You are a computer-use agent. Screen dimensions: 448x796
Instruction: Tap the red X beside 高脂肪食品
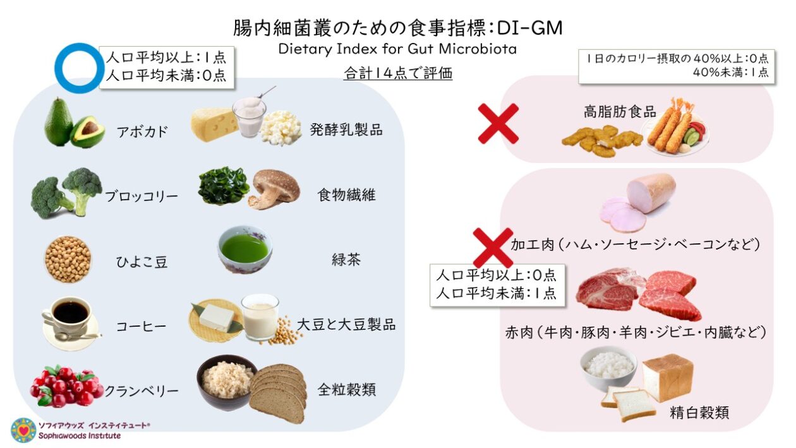[498, 123]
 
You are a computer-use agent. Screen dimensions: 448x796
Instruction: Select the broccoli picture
[66, 192]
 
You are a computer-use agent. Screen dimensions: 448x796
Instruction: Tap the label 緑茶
[346, 260]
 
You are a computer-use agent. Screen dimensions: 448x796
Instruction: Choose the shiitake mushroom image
[274, 189]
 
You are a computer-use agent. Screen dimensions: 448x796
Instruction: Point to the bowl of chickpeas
[68, 259]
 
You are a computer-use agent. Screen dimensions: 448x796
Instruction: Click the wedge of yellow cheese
[214, 123]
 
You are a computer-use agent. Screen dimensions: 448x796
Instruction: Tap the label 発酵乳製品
[346, 130]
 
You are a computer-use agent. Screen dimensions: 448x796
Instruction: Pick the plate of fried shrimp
[674, 127]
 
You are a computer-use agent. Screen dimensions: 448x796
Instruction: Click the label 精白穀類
[699, 413]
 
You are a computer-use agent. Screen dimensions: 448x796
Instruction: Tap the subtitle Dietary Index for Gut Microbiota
[397, 49]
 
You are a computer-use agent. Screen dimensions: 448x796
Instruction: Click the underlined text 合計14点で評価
[398, 74]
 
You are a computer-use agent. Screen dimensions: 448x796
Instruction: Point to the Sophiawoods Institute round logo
[23, 430]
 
